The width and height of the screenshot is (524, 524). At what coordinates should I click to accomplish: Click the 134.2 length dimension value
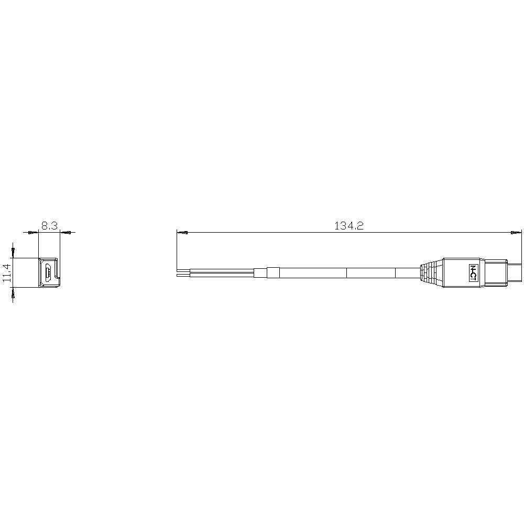coord(348,226)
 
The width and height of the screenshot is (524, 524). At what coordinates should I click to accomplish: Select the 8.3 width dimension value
coord(49,226)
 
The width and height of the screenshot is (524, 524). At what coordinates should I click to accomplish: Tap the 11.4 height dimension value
coord(7,272)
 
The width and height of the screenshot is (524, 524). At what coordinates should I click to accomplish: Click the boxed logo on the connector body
coord(473,272)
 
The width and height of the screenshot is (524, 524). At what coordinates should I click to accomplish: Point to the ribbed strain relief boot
coord(432,272)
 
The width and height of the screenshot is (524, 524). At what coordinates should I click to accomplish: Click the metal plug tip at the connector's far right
coord(515,272)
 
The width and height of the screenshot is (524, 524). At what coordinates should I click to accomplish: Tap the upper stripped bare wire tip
coord(183,269)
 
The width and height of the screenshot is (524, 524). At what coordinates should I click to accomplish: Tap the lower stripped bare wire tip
coord(183,276)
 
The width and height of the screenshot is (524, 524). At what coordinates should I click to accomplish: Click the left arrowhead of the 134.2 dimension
coord(182,232)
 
